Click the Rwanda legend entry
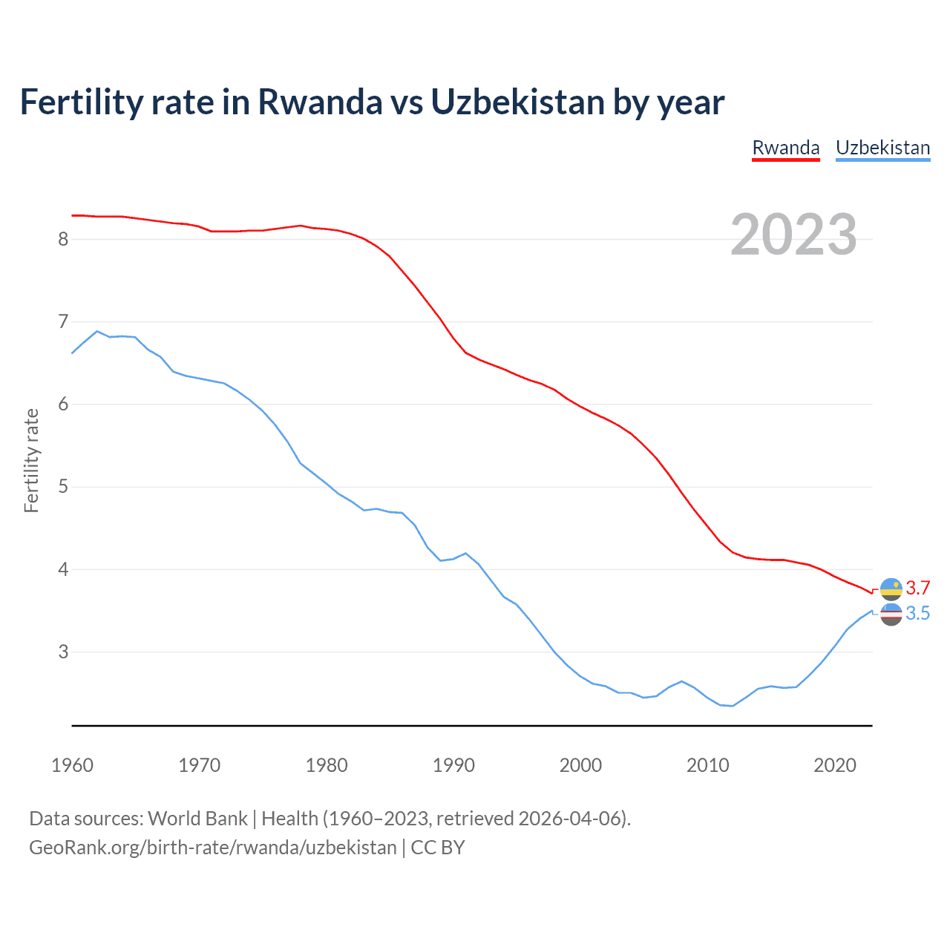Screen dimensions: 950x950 pyautogui.click(x=786, y=148)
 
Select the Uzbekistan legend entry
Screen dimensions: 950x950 pyautogui.click(x=882, y=148)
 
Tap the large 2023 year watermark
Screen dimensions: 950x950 pyautogui.click(x=793, y=235)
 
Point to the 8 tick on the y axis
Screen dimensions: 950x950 pyautogui.click(x=63, y=239)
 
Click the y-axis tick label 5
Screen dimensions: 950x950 pyautogui.click(x=63, y=487)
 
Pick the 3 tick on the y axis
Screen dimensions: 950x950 pyautogui.click(x=63, y=652)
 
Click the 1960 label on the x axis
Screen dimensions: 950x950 pyautogui.click(x=72, y=765)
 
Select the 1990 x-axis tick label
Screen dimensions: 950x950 pyautogui.click(x=453, y=765)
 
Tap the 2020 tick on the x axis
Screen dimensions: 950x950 pyautogui.click(x=835, y=765)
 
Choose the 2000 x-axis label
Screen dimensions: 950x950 pyautogui.click(x=580, y=765)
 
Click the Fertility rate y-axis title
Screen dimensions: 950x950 pyautogui.click(x=31, y=460)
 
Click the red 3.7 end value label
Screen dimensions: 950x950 pyautogui.click(x=918, y=589)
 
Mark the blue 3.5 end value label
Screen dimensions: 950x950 pyautogui.click(x=918, y=614)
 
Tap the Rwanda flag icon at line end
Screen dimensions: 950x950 pyautogui.click(x=891, y=589)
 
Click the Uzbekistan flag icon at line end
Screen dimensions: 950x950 pyautogui.click(x=891, y=614)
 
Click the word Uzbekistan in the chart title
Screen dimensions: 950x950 pyautogui.click(x=517, y=102)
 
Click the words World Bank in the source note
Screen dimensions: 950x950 pyautogui.click(x=197, y=819)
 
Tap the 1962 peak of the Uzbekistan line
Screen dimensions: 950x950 pyautogui.click(x=97, y=331)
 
